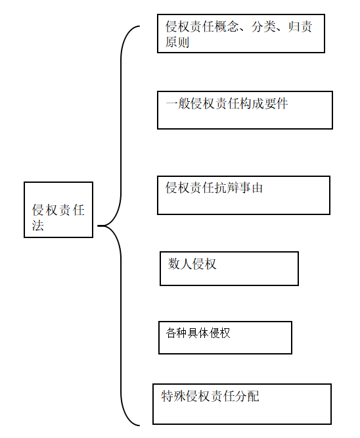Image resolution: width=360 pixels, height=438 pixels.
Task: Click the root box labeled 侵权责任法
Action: pyautogui.click(x=58, y=210)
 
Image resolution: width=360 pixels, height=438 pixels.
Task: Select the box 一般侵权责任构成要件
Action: pyautogui.click(x=245, y=110)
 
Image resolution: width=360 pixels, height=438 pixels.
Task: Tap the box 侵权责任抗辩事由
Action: pyautogui.click(x=244, y=195)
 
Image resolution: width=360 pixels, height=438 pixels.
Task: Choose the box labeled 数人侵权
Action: pyautogui.click(x=229, y=268)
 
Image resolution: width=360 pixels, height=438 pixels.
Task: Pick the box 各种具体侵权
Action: pyautogui.click(x=225, y=337)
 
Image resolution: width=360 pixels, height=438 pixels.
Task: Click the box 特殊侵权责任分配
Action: pyautogui.click(x=242, y=404)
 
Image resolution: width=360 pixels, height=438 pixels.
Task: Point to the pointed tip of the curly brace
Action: pyautogui.click(x=98, y=226)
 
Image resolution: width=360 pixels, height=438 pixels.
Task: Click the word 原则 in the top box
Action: pyautogui.click(x=177, y=42)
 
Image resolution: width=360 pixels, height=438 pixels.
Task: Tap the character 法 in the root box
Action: pyautogui.click(x=37, y=225)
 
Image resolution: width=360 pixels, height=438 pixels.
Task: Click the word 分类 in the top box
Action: pyautogui.click(x=263, y=26)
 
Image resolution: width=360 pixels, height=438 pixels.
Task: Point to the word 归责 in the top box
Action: pyautogui.click(x=300, y=26)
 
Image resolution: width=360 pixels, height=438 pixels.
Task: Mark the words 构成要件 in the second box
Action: pyautogui.click(x=263, y=104)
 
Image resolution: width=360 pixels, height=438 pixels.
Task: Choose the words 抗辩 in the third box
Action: pyautogui.click(x=227, y=187)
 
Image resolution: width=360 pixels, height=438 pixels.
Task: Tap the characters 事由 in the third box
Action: pyautogui.click(x=250, y=187)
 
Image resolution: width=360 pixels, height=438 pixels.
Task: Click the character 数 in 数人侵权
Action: pyautogui.click(x=173, y=264)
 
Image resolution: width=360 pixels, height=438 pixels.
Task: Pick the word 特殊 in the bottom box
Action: pyautogui.click(x=173, y=396)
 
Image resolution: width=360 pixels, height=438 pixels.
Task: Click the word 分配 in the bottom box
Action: pyautogui.click(x=247, y=396)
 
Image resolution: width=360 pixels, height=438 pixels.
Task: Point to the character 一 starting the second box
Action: pyautogui.click(x=171, y=104)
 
